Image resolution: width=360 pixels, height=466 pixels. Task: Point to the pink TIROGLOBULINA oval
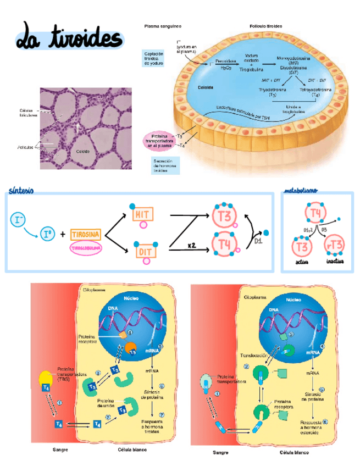86,248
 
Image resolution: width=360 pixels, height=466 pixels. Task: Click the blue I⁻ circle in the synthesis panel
19,220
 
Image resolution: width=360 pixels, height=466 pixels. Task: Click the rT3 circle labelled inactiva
335,245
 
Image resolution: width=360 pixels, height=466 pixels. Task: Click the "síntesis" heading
21,190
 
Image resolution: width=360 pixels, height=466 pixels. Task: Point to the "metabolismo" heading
300,191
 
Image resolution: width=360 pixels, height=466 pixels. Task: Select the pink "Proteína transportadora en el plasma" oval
159,140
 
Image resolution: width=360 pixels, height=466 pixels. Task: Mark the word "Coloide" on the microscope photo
83,151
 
